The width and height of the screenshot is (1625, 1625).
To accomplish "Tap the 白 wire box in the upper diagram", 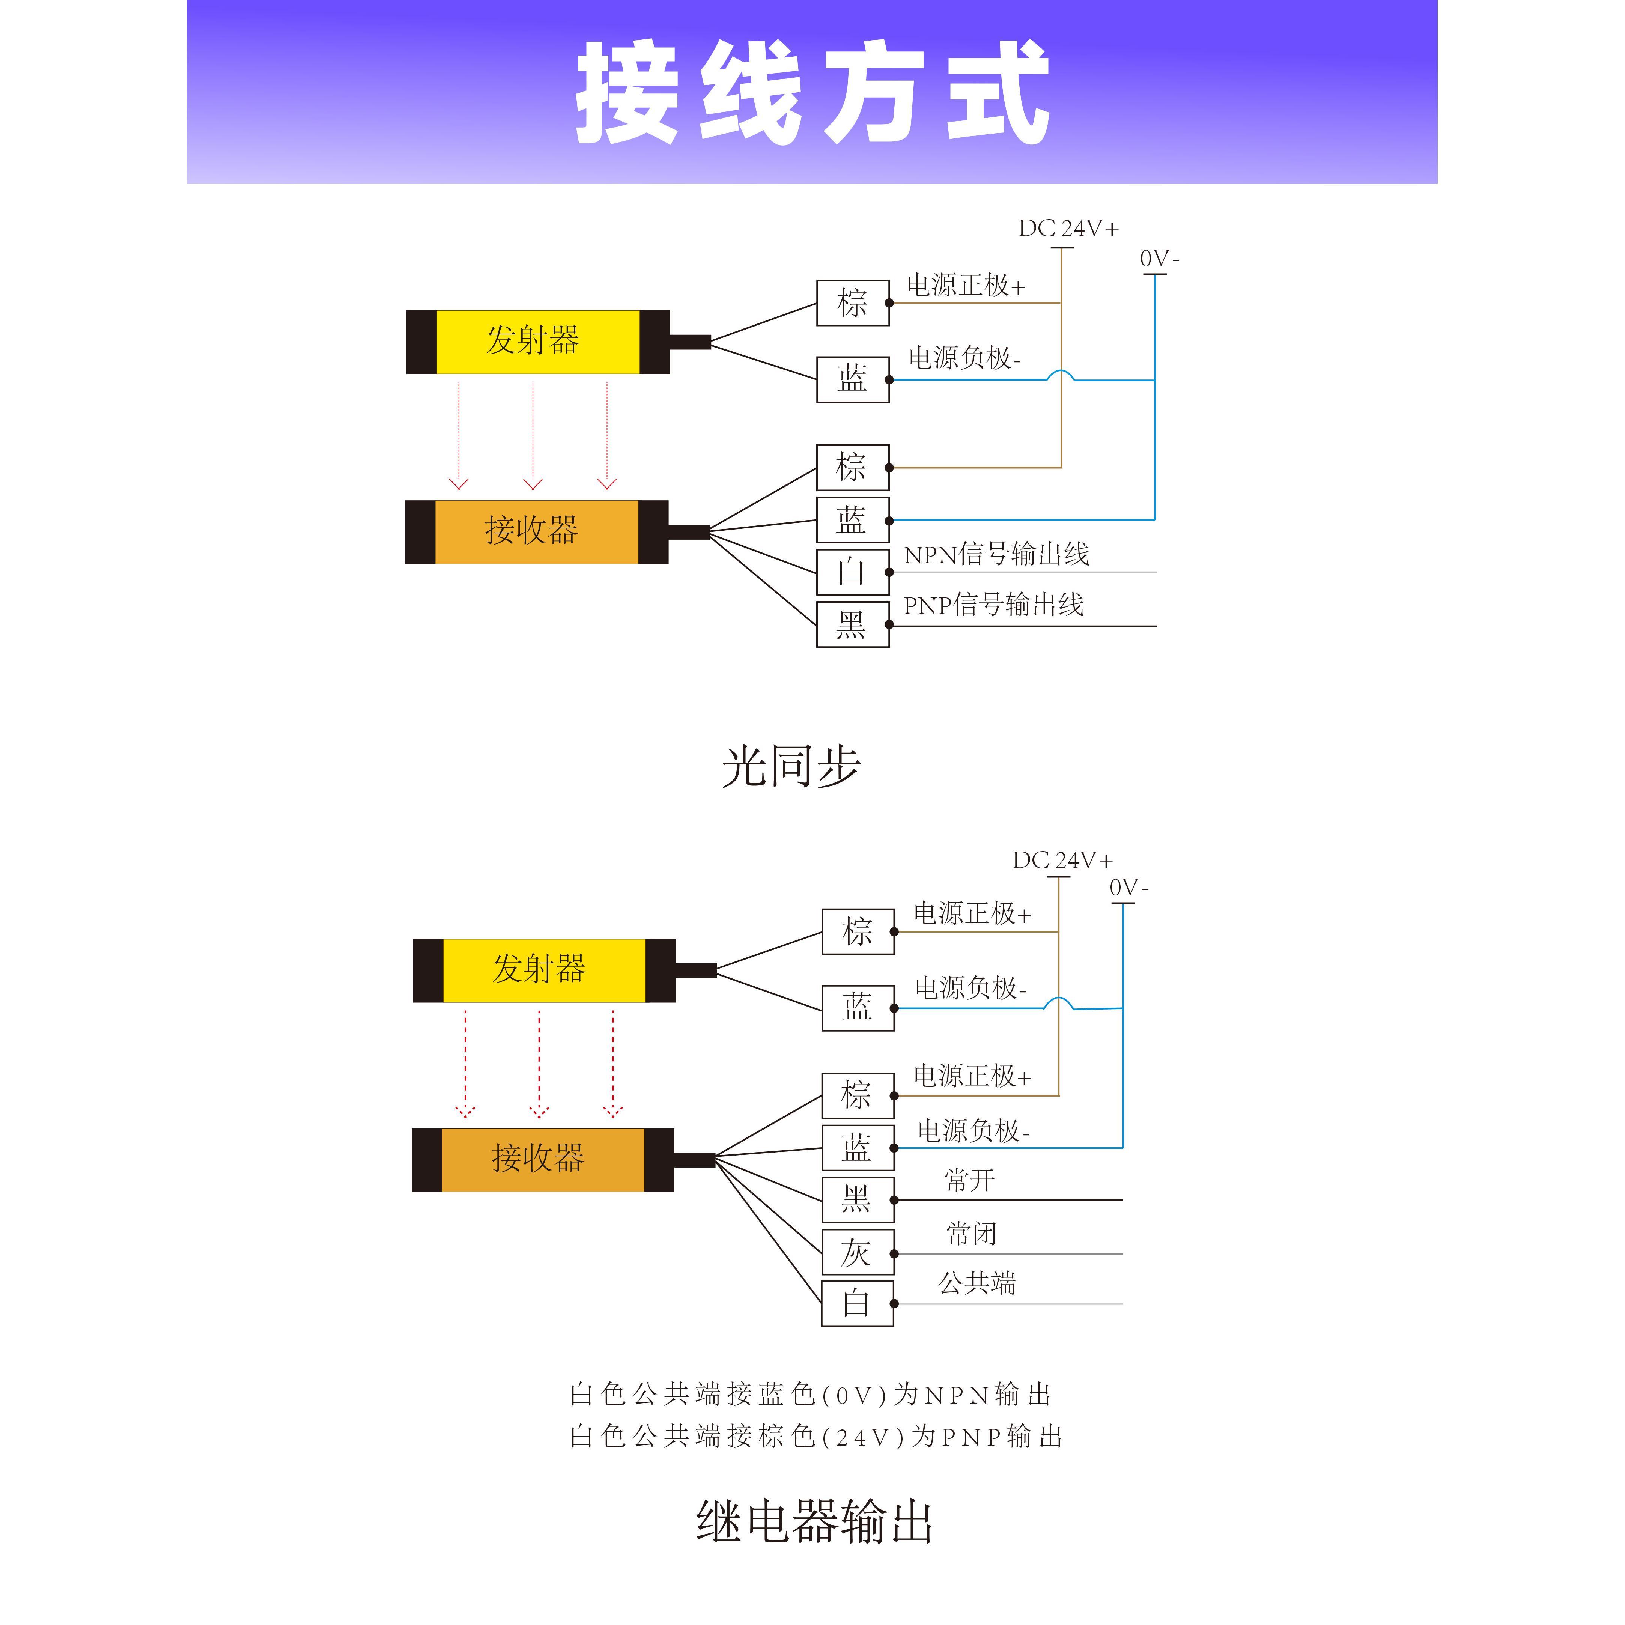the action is click(x=852, y=572).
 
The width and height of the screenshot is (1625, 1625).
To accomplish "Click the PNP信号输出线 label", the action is click(x=993, y=605).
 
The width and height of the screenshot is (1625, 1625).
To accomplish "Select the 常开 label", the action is click(x=970, y=1180).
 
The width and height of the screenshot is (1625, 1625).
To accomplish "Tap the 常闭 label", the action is click(x=972, y=1234).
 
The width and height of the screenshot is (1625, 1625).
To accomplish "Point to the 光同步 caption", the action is click(x=791, y=766).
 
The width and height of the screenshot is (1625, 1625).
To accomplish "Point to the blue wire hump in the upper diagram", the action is click(x=1061, y=375).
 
